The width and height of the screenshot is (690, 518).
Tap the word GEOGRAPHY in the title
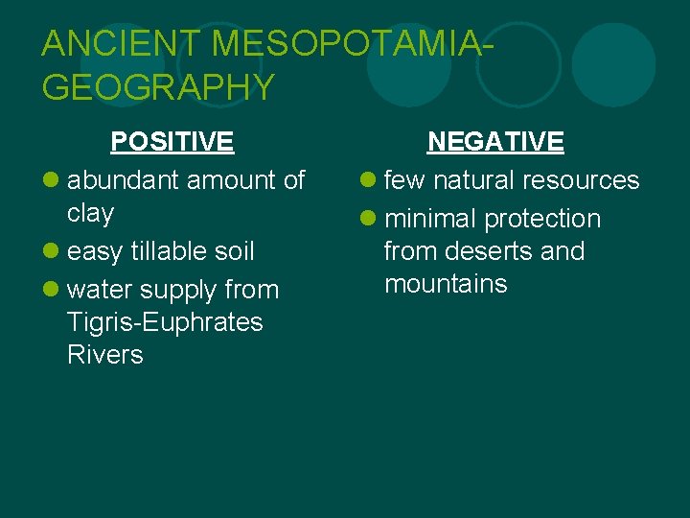point(158,87)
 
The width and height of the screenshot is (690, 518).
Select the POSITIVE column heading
point(172,142)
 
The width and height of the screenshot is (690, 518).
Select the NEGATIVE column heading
point(495,142)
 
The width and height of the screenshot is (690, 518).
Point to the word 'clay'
point(90,213)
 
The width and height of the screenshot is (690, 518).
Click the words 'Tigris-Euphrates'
point(165,322)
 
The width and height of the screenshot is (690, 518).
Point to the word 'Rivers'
point(105,355)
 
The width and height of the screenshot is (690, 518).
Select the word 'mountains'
point(446,284)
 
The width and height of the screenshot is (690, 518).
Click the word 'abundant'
point(124,180)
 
